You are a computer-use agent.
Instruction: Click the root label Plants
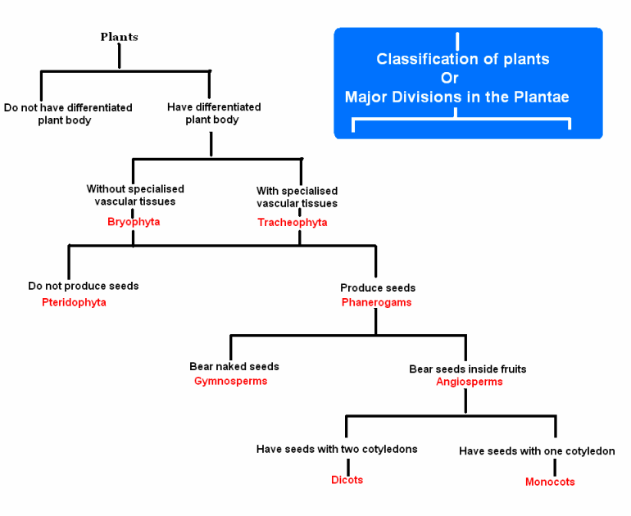click(x=119, y=37)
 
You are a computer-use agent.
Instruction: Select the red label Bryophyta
click(x=133, y=222)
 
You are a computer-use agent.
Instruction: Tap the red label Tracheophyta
click(x=293, y=223)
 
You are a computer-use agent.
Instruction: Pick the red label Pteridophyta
click(x=74, y=302)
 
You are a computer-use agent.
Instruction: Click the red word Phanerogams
click(x=376, y=302)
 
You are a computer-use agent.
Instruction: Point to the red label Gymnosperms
click(x=230, y=381)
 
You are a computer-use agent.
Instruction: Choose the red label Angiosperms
click(x=469, y=382)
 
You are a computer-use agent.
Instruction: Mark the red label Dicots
click(x=347, y=480)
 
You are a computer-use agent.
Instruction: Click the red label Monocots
click(x=550, y=482)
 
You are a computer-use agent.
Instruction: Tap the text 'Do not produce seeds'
click(x=84, y=287)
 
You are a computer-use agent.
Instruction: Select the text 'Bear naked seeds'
click(x=234, y=367)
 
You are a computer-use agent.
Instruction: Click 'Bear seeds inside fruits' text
click(x=468, y=369)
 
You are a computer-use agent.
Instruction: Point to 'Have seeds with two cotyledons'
click(x=337, y=450)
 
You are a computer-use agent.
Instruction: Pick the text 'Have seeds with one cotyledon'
click(x=537, y=451)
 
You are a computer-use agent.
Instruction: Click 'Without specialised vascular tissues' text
click(x=135, y=195)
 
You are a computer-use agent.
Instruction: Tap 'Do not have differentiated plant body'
click(x=68, y=114)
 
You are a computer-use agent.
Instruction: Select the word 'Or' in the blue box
click(x=450, y=78)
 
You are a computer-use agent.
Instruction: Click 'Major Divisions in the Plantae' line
click(x=456, y=97)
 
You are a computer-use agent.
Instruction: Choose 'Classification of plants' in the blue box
click(x=463, y=59)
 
